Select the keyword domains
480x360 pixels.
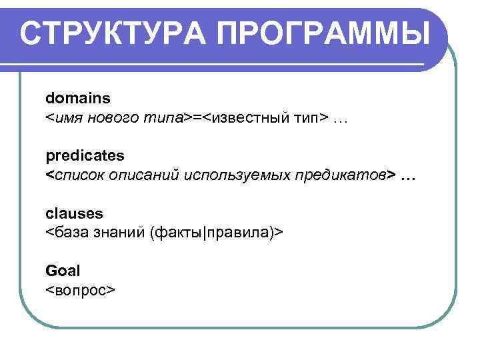coord(78,98)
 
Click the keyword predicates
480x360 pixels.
coord(85,155)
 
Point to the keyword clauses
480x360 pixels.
coord(74,213)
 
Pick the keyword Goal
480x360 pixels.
coord(63,271)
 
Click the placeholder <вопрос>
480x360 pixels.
coord(81,290)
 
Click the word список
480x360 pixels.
coord(76,175)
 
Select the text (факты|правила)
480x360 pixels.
coord(213,233)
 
